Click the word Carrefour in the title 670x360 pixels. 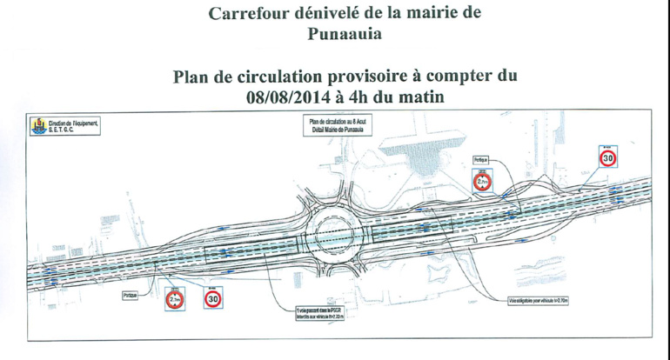[251, 13]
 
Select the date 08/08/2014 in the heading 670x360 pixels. [291, 97]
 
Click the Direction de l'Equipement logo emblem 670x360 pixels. [37, 126]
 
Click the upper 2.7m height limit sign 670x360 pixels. [482, 182]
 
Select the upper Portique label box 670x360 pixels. [481, 161]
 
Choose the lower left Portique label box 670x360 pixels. [131, 296]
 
